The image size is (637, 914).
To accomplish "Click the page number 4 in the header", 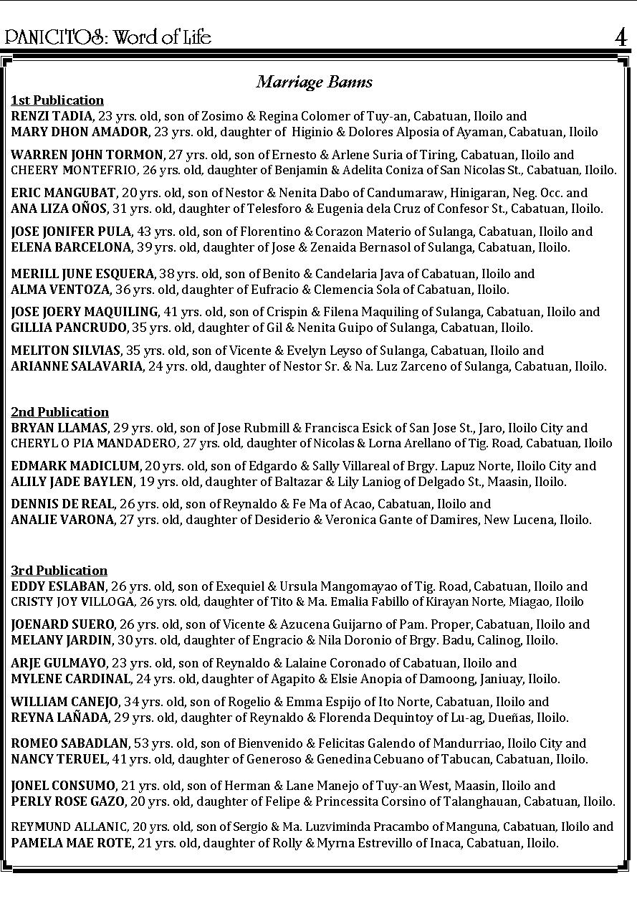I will [x=621, y=37].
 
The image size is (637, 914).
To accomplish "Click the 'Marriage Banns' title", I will [x=315, y=82].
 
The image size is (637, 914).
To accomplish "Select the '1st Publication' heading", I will [x=57, y=100].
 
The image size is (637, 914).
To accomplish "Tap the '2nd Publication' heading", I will [x=59, y=412].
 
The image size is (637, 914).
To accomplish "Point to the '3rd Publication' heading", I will [x=59, y=571].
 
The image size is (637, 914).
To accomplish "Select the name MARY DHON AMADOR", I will [x=80, y=132].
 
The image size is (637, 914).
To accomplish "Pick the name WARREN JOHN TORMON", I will [x=87, y=155].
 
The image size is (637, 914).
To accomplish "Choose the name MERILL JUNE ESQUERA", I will [x=82, y=274].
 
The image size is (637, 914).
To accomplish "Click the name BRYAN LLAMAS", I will [x=59, y=428].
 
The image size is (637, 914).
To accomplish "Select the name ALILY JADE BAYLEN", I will [x=72, y=482].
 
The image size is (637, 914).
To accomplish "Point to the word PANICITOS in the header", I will [x=54, y=37].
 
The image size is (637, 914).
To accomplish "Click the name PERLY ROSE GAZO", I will [x=67, y=801].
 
